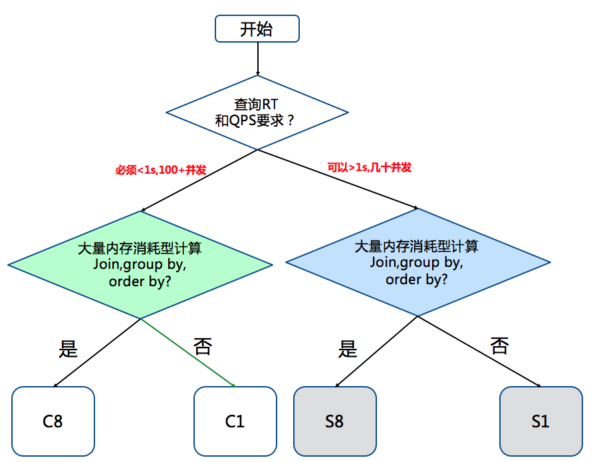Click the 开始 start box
click(x=257, y=29)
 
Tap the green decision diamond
click(x=140, y=264)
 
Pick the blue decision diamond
click(x=417, y=262)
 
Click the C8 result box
click(x=53, y=421)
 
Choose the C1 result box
click(x=235, y=421)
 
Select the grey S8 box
click(x=334, y=421)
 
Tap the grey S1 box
click(x=540, y=421)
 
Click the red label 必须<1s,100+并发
click(x=161, y=170)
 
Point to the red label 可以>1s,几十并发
click(x=369, y=167)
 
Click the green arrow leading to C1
click(x=188, y=352)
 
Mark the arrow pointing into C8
click(x=96, y=353)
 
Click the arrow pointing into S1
click(x=479, y=351)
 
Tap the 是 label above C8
click(x=68, y=348)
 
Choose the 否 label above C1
click(x=203, y=346)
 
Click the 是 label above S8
click(x=348, y=348)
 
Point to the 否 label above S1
click(x=499, y=345)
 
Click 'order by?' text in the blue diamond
click(x=416, y=279)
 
